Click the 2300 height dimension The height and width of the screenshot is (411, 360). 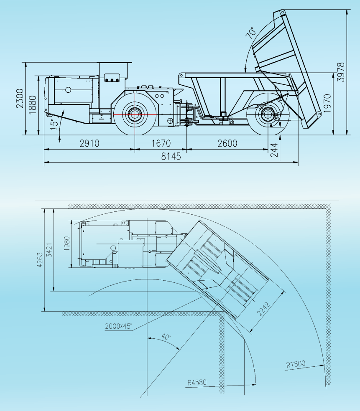[x=20, y=98]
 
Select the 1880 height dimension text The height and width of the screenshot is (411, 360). [x=33, y=105]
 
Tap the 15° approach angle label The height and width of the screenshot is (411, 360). [x=55, y=124]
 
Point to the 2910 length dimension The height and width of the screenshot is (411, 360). [x=89, y=143]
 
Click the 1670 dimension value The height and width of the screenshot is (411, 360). [x=161, y=143]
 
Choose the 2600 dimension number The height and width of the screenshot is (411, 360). [x=227, y=143]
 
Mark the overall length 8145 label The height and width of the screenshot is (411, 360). [x=171, y=156]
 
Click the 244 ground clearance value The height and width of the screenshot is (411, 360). [x=274, y=150]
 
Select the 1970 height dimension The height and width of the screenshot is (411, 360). [x=327, y=104]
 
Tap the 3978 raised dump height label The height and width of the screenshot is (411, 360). [x=341, y=72]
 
